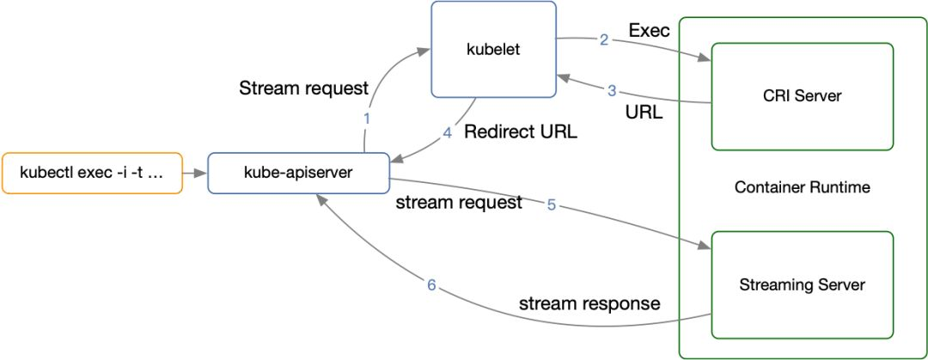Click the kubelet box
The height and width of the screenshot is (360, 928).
(493, 49)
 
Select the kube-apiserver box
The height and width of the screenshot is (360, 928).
(298, 173)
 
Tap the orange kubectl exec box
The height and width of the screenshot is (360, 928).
(92, 173)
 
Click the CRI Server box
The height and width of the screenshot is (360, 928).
(802, 96)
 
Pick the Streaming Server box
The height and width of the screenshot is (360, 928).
(802, 284)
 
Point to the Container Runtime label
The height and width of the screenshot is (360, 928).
(802, 187)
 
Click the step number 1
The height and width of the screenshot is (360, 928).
(366, 119)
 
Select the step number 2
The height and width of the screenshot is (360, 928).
(604, 40)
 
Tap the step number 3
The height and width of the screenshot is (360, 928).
(612, 91)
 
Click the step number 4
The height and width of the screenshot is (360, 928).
(448, 133)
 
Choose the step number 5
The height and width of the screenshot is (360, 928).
(551, 206)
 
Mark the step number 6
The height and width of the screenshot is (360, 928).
(430, 284)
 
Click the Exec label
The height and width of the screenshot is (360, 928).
(650, 31)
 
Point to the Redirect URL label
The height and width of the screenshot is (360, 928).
(521, 132)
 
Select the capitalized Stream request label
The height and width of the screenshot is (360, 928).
(303, 88)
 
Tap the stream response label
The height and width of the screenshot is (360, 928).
(589, 304)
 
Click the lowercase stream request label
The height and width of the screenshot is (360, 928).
(459, 203)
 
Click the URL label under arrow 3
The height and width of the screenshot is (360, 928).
(644, 112)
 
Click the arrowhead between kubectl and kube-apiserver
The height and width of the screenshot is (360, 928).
(201, 173)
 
